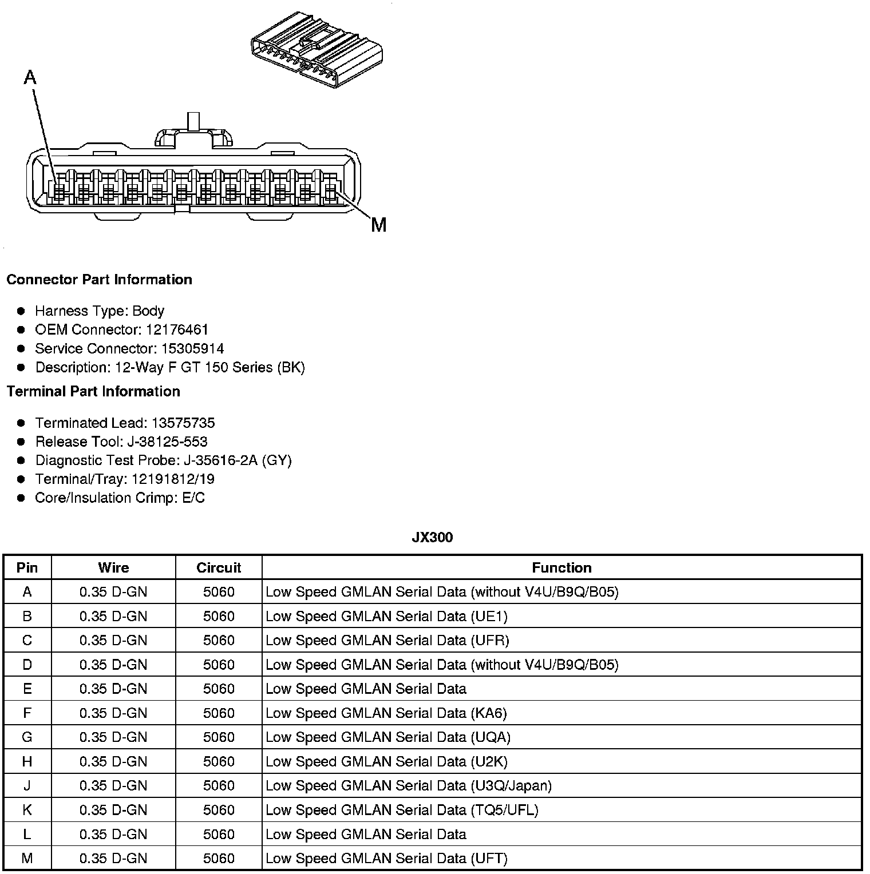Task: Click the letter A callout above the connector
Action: pos(30,77)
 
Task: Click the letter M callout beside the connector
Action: pos(378,225)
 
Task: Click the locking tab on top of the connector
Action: pos(193,133)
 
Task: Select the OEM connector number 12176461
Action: pos(177,329)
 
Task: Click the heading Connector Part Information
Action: pos(99,280)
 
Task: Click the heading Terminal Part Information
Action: pos(93,391)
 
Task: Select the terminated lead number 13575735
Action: pos(183,423)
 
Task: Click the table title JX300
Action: pos(432,537)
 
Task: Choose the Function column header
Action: pos(561,567)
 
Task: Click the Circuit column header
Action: pos(219,567)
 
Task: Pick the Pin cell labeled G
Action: pos(27,737)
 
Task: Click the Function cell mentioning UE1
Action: pos(386,616)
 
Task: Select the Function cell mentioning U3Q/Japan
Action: pos(409,786)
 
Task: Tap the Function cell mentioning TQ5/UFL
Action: pos(402,810)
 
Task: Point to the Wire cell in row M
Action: pos(113,859)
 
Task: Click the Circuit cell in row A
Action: pos(219,592)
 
